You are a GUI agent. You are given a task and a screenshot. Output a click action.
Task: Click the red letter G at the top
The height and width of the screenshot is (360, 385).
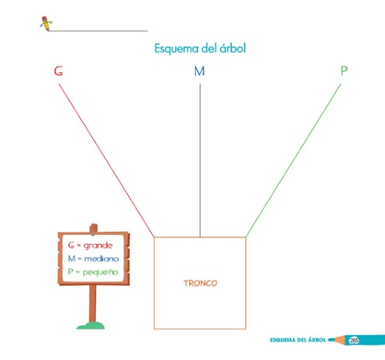tap(59, 71)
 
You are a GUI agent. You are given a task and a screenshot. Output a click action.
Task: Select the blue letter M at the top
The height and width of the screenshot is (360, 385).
tap(200, 71)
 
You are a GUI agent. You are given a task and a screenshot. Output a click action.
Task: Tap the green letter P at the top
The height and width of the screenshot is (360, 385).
tap(344, 71)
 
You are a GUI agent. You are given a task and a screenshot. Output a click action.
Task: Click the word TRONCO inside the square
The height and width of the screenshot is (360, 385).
tap(201, 283)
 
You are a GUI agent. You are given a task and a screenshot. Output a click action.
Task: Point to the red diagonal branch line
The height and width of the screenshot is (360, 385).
tap(107, 160)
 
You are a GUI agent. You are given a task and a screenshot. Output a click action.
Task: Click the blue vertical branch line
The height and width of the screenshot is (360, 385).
tap(200, 160)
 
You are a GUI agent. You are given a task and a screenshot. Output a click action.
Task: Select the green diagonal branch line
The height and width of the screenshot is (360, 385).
tap(294, 160)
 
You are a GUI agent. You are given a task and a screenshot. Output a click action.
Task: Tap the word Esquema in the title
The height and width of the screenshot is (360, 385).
tap(176, 49)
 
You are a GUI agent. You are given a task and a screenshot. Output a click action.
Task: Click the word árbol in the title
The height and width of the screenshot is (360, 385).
tap(233, 48)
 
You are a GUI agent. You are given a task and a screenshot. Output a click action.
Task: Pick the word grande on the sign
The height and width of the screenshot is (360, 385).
tap(98, 245)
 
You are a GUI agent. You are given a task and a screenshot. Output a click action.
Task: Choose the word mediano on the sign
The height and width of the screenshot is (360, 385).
tap(101, 259)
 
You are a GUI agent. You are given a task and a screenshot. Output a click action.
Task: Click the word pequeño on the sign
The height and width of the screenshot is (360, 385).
tap(100, 273)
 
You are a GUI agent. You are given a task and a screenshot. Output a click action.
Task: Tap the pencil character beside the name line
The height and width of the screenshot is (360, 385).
tap(46, 23)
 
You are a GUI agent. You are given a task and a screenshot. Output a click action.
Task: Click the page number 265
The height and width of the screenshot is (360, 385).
tap(354, 340)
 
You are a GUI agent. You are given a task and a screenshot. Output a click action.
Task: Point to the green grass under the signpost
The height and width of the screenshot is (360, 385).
tap(91, 326)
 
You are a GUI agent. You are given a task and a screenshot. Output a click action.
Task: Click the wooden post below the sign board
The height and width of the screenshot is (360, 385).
tap(92, 303)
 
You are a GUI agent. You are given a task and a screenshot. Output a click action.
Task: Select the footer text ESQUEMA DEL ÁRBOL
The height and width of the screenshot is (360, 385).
tap(298, 340)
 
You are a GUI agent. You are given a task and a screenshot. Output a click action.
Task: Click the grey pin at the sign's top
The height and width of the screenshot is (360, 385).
tap(92, 234)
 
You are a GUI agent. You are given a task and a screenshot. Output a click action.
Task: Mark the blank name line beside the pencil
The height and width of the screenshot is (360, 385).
tap(98, 31)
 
